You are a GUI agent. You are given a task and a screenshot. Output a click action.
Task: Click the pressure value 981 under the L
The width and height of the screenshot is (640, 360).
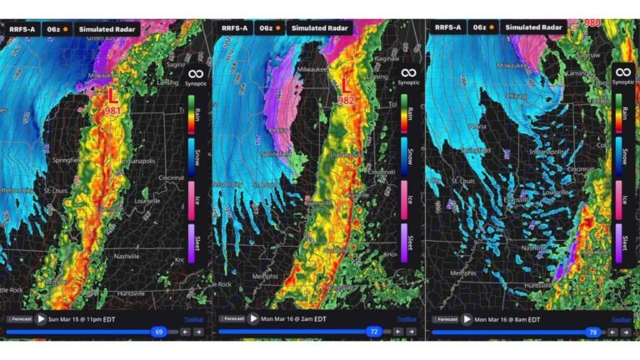(x=111, y=111)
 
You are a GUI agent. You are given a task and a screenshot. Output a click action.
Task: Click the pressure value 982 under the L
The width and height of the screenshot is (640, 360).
(x=346, y=100)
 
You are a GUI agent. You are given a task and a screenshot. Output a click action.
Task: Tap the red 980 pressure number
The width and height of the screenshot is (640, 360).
(x=592, y=23)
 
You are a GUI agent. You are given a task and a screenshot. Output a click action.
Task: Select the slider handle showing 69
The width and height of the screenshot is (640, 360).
(x=158, y=332)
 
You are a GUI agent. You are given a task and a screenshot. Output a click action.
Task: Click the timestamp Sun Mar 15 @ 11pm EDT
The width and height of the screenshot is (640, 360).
(x=82, y=318)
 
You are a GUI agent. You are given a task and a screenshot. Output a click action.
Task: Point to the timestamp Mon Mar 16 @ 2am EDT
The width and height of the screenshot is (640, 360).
(x=297, y=318)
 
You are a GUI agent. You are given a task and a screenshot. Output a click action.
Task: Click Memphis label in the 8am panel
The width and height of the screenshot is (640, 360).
(x=462, y=272)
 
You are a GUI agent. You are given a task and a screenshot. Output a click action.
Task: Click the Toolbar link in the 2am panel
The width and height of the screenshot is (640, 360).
(x=407, y=318)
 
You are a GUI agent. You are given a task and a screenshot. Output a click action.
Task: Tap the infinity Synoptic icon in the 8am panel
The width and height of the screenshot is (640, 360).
(x=622, y=73)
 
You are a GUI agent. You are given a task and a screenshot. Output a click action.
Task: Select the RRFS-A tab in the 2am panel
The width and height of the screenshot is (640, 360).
(x=232, y=27)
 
